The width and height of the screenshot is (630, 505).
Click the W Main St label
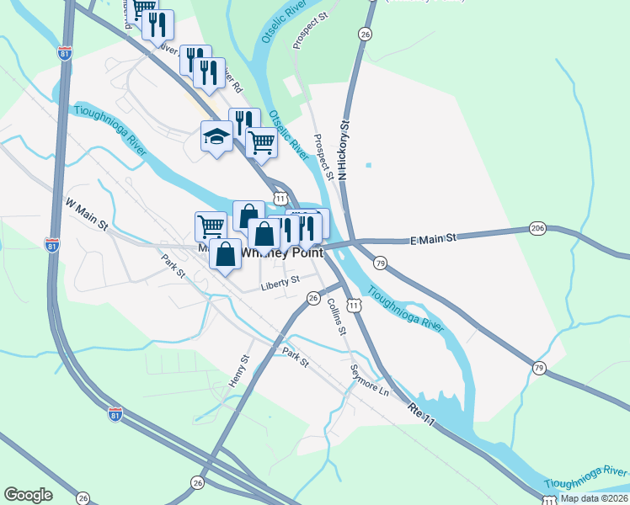[x=88, y=215]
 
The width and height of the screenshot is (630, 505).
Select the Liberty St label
[x=280, y=282]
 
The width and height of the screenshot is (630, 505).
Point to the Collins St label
[x=337, y=316]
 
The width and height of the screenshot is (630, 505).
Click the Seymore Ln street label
[x=371, y=380]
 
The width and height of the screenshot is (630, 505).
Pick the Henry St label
[x=240, y=370]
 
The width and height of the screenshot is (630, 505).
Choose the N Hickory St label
[x=344, y=151]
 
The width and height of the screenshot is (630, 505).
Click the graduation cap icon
[x=216, y=136]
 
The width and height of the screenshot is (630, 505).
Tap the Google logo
[x=28, y=495]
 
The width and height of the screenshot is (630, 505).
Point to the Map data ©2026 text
[x=594, y=498]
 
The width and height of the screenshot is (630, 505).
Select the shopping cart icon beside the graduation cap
[x=262, y=143]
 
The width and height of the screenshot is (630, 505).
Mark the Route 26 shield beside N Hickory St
[x=365, y=34]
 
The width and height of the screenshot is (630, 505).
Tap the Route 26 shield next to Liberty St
[x=313, y=298]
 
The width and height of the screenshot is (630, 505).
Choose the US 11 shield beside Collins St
[x=359, y=307]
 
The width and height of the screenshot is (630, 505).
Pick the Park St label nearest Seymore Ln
[x=296, y=357]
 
